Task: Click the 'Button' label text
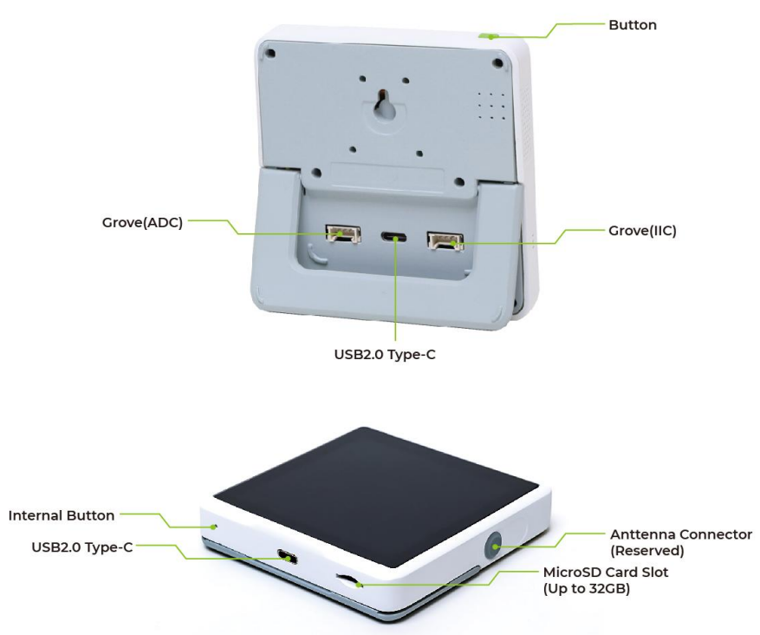(632, 25)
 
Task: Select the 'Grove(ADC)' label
(142, 221)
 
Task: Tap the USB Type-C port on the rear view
(395, 236)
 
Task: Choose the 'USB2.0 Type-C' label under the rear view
(395, 355)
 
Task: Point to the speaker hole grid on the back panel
(490, 105)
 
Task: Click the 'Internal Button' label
(62, 515)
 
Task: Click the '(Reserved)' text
(645, 550)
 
